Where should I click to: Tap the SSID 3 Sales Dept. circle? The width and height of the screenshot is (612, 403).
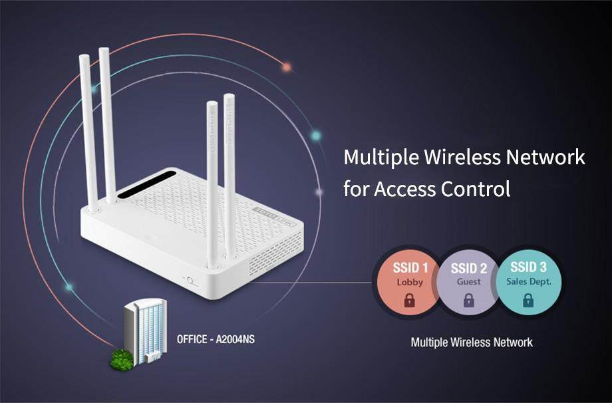click(528, 283)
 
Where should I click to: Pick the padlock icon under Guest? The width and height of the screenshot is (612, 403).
click(469, 301)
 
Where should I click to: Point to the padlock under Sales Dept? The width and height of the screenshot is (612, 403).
click(528, 301)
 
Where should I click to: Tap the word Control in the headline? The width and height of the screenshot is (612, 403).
click(476, 189)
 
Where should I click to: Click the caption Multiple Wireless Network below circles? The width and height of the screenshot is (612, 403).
click(472, 342)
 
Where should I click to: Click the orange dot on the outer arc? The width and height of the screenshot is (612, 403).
click(287, 67)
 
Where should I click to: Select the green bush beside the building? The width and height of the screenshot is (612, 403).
click(120, 358)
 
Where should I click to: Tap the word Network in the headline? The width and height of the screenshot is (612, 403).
click(546, 159)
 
